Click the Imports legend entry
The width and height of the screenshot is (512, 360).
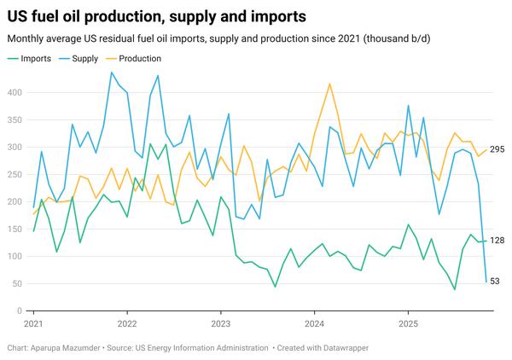coord(35,58)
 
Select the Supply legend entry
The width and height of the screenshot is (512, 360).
coord(84,58)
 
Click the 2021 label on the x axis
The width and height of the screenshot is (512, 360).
coord(34,324)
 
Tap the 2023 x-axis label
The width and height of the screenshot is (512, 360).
coord(221,324)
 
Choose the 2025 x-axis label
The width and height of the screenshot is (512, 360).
coord(408,324)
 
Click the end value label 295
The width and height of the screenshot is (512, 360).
coord(497,150)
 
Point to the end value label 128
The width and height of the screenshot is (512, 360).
coord(497,241)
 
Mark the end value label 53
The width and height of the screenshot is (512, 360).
coord(495,282)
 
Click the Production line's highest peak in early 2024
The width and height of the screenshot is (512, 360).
coord(329,84)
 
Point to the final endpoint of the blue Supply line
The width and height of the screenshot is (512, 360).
coord(486,282)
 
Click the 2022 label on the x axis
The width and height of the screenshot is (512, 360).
coord(127,324)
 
